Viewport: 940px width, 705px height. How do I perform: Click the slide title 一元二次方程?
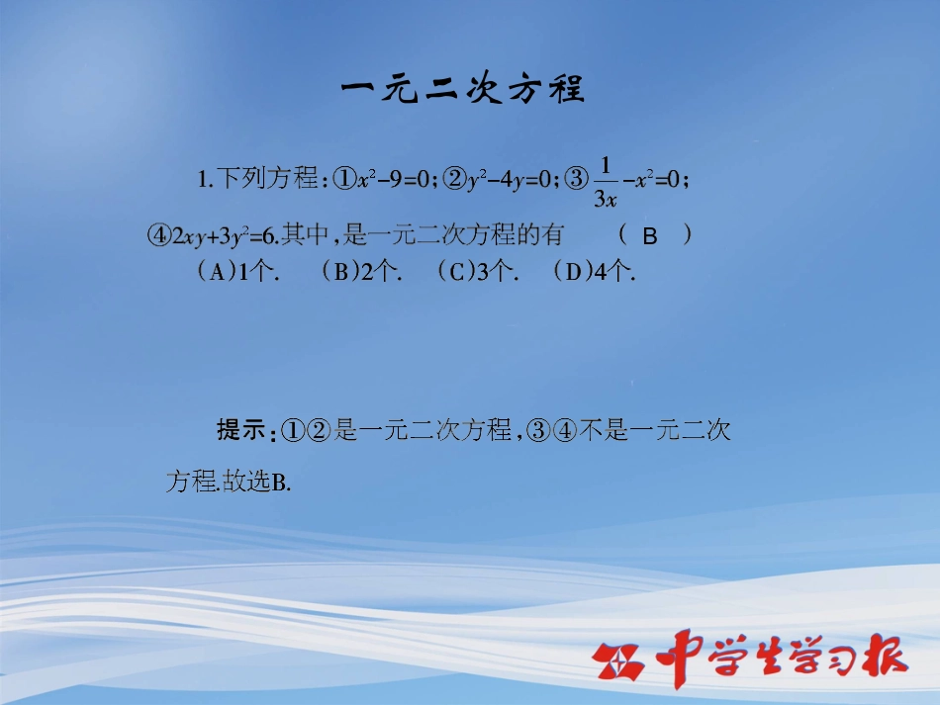463,90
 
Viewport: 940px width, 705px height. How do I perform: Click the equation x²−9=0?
394,179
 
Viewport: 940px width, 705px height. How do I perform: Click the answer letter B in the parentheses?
650,236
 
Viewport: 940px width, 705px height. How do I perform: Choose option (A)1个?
237,273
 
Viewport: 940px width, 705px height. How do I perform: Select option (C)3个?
477,273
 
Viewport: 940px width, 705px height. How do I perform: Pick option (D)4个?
594,273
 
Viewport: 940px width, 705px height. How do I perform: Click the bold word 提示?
242,430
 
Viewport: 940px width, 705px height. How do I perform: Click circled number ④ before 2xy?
159,235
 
